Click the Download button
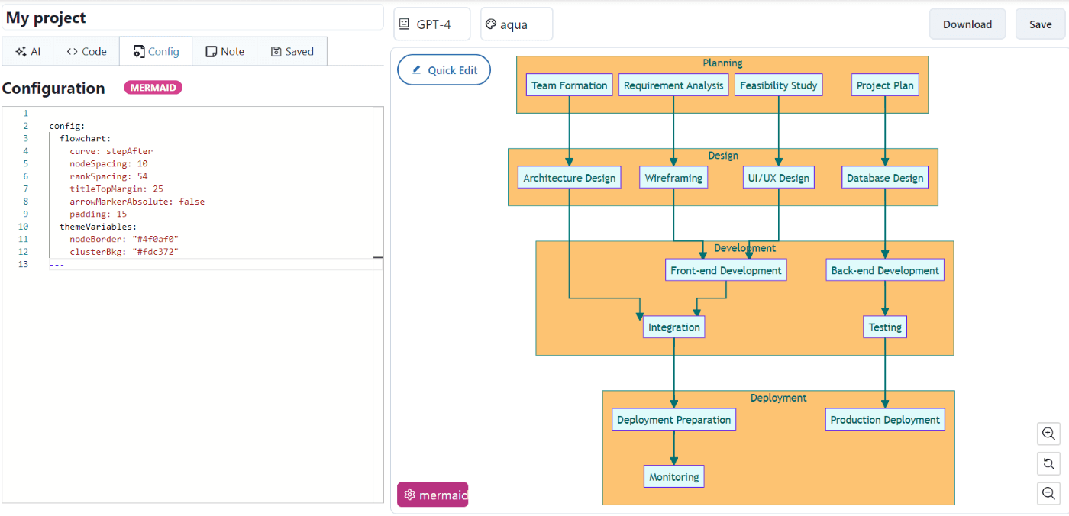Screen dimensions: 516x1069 point(967,24)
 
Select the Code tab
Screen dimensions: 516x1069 point(86,52)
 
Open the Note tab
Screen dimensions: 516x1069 point(224,52)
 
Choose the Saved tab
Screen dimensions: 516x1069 point(292,52)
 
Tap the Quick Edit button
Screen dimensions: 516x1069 point(444,70)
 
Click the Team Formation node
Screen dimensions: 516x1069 point(569,85)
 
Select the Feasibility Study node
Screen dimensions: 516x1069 point(778,85)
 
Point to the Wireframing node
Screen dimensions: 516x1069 point(673,178)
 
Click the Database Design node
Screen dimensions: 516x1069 point(885,178)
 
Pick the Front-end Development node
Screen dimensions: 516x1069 point(725,270)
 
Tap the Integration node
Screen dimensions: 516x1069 point(673,327)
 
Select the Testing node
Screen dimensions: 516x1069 point(885,327)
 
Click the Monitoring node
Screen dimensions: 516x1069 point(673,477)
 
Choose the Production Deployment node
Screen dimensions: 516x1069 point(885,420)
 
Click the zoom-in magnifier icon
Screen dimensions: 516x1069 point(1048,434)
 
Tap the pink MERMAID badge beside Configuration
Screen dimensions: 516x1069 point(153,88)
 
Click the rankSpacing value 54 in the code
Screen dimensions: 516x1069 point(142,176)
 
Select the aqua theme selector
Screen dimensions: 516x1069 point(516,24)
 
